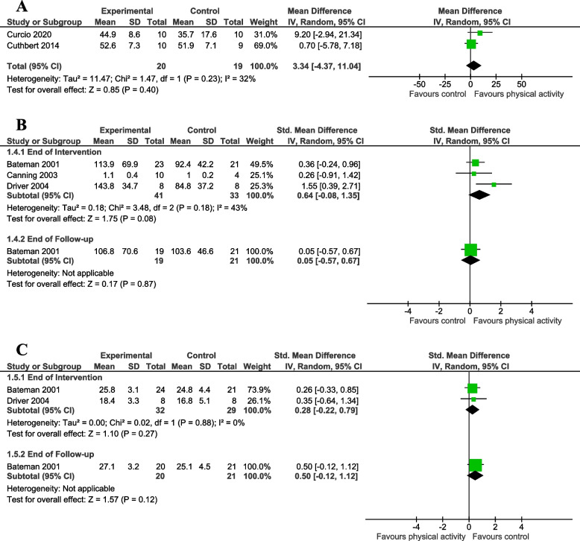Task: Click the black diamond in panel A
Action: click(471, 66)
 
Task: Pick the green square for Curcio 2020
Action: click(480, 33)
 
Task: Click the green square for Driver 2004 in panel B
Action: click(494, 184)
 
